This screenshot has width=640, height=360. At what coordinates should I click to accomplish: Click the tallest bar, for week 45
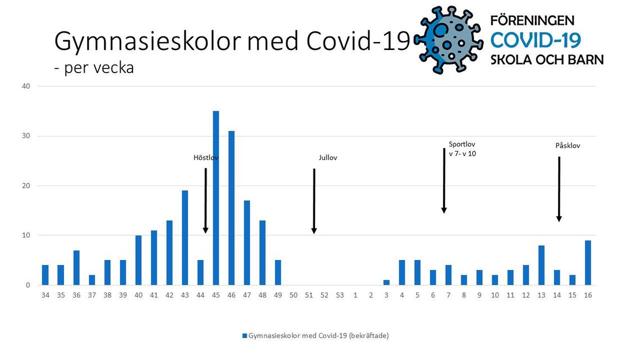pos(216,198)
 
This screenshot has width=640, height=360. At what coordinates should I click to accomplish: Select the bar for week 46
pos(231,208)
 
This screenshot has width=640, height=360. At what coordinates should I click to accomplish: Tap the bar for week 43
pos(185,238)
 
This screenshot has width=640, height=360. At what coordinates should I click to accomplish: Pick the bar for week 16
pos(588,262)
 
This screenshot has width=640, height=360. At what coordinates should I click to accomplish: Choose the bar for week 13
pos(541,265)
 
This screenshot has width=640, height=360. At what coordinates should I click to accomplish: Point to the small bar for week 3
pos(386,282)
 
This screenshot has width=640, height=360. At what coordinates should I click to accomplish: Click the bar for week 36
pos(76,267)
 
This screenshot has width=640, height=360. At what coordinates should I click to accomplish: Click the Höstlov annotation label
pos(205,158)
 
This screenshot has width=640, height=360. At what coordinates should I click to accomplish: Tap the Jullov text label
pos(328,158)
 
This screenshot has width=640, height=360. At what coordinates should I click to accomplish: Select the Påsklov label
pos(568,145)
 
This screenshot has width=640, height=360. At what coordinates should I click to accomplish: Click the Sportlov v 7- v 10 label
pos(462,149)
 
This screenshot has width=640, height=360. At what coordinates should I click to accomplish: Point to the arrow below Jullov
pos(314,201)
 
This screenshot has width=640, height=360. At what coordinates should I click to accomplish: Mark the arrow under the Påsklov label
pos(559,189)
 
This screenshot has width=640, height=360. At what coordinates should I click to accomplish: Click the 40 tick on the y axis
pos(26,86)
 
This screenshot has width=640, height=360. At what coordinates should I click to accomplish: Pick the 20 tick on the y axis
pos(26,186)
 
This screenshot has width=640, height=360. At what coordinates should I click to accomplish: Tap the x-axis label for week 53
pos(340,295)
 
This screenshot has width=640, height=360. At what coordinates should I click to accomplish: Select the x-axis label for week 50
pos(293,295)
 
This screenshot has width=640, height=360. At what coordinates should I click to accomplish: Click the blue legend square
pos(244,336)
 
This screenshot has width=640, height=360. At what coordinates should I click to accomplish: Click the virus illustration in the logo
pos(448,39)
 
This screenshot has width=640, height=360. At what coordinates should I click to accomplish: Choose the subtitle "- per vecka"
pos(94,68)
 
